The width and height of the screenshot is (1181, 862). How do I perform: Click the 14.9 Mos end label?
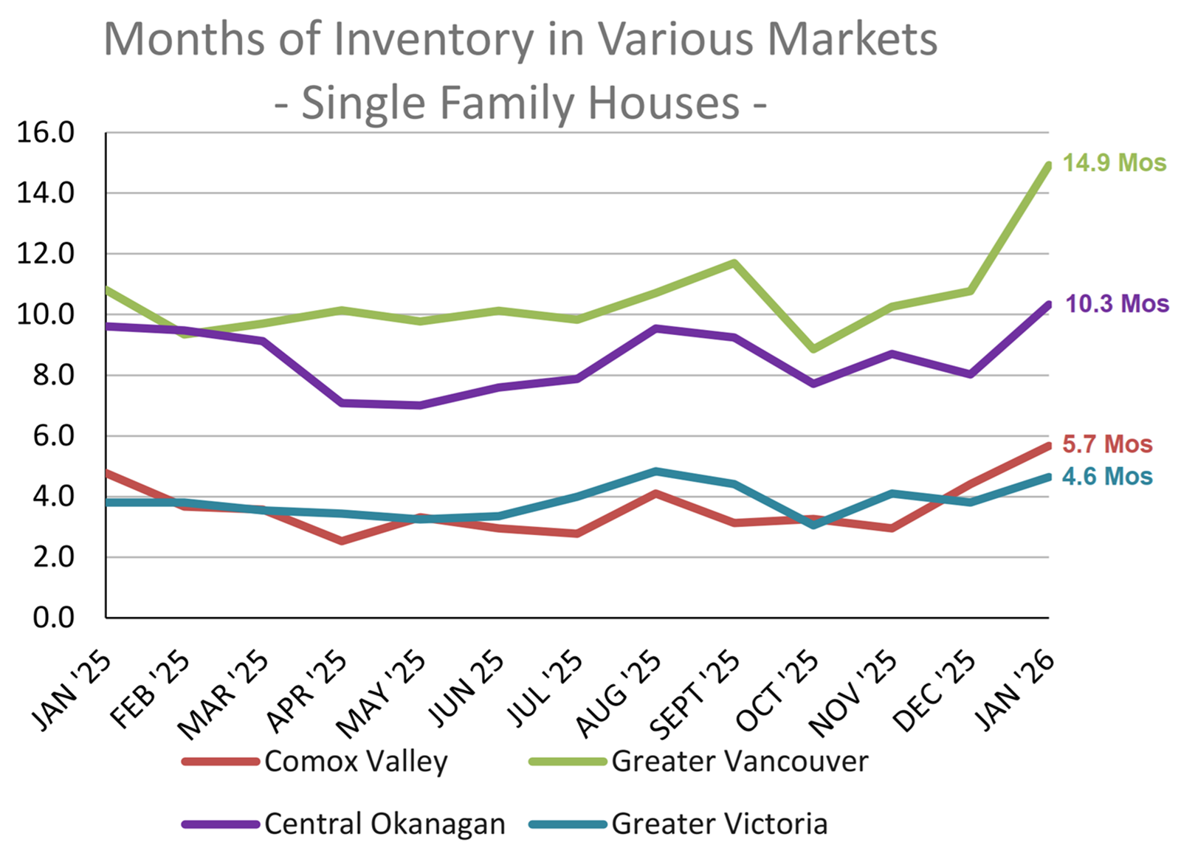(x=1114, y=163)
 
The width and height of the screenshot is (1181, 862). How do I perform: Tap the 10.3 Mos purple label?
(x=1117, y=304)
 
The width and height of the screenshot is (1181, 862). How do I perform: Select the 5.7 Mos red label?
(x=1107, y=444)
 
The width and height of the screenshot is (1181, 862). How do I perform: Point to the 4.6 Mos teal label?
(x=1107, y=477)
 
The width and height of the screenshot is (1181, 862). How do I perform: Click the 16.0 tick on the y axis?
(x=46, y=133)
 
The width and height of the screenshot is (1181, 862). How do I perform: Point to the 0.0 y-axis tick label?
(x=54, y=618)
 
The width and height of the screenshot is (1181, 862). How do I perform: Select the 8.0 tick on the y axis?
(x=54, y=375)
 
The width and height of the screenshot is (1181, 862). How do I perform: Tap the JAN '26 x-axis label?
(x=1016, y=690)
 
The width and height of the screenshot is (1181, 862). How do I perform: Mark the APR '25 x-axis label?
(x=307, y=692)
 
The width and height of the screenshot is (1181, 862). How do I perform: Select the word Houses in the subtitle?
(x=664, y=103)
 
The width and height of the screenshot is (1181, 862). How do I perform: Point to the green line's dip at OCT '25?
(x=813, y=348)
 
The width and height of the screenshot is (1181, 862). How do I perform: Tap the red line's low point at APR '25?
(x=342, y=541)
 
